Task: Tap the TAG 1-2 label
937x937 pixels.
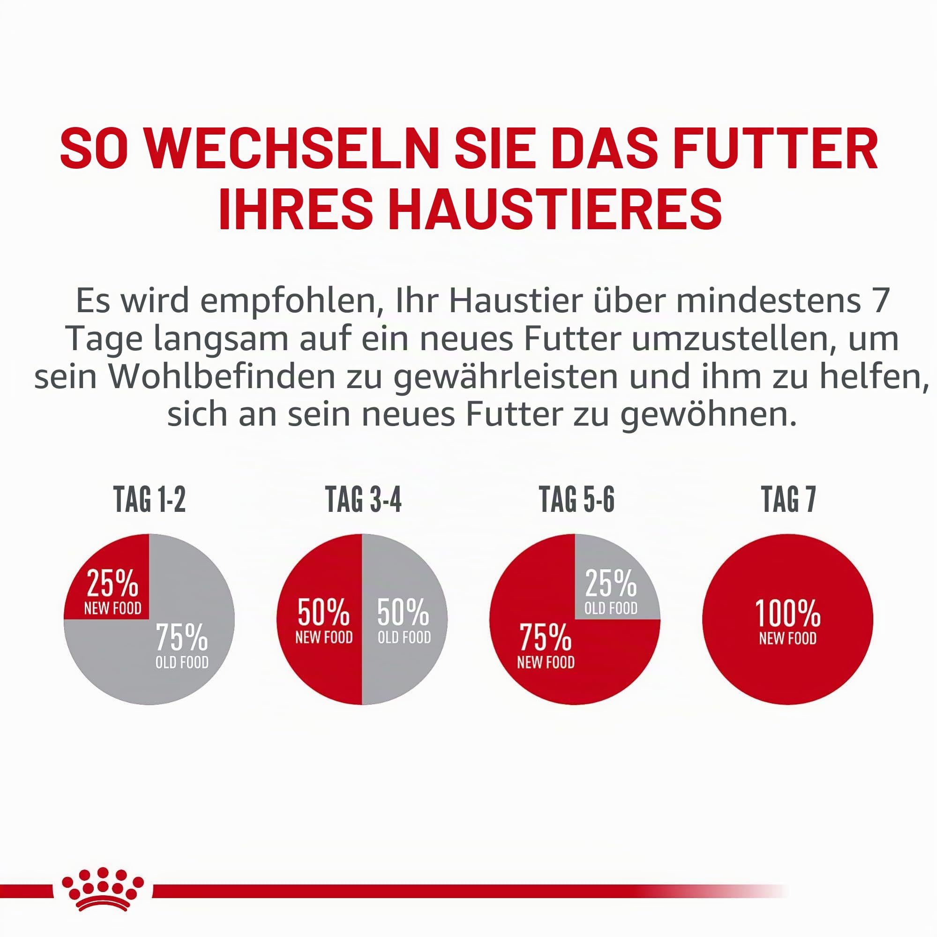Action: (150, 500)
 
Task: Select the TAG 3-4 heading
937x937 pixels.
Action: (363, 500)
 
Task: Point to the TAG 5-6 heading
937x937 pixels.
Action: (577, 500)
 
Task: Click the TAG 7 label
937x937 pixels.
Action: (788, 500)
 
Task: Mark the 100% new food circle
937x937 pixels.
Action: (787, 620)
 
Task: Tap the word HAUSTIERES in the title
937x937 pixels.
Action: (555, 210)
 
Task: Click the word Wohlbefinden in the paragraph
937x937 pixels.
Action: (222, 376)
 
